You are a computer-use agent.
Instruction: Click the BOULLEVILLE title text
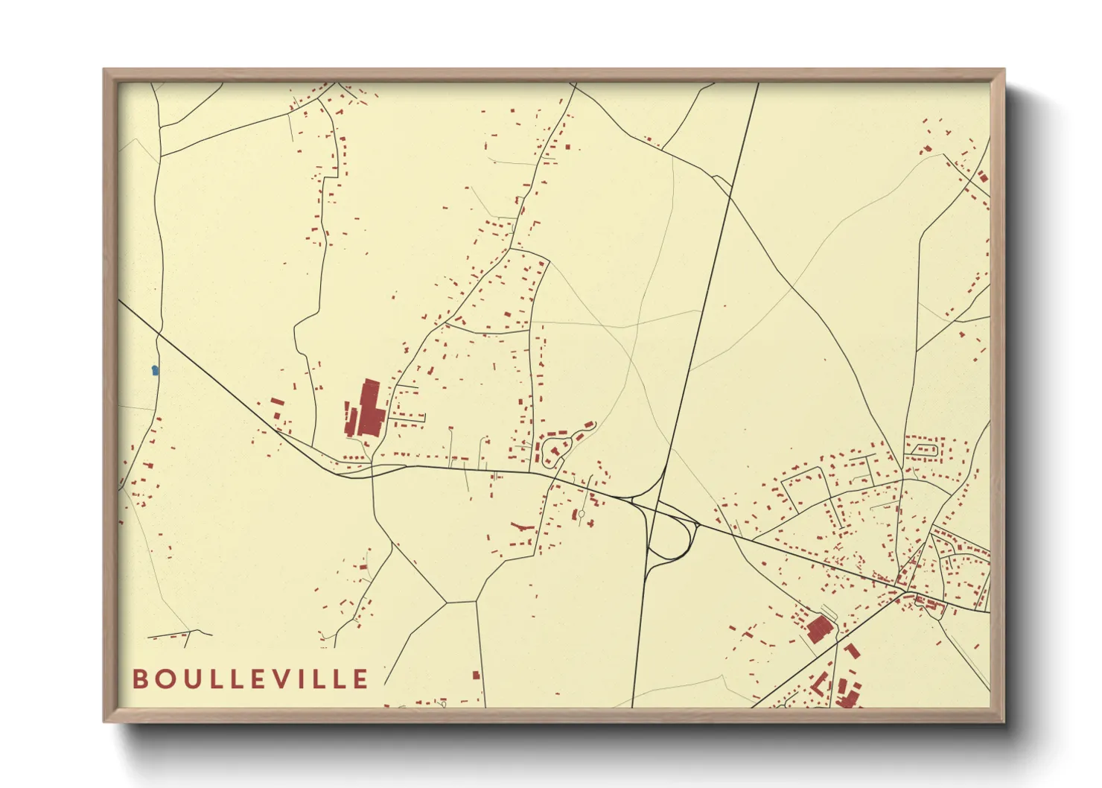250,679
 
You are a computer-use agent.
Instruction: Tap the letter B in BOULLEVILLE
139,679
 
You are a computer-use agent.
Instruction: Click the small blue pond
155,369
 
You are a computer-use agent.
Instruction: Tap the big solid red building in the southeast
819,629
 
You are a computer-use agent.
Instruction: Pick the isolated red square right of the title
477,676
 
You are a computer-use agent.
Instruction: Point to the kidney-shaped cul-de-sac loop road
555,449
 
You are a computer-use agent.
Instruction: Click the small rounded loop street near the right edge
924,449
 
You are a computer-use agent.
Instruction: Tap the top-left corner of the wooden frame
106,72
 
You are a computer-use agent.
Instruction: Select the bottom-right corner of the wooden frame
1002,719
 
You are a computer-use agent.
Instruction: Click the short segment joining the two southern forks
462,602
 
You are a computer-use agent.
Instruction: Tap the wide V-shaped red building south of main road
523,527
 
